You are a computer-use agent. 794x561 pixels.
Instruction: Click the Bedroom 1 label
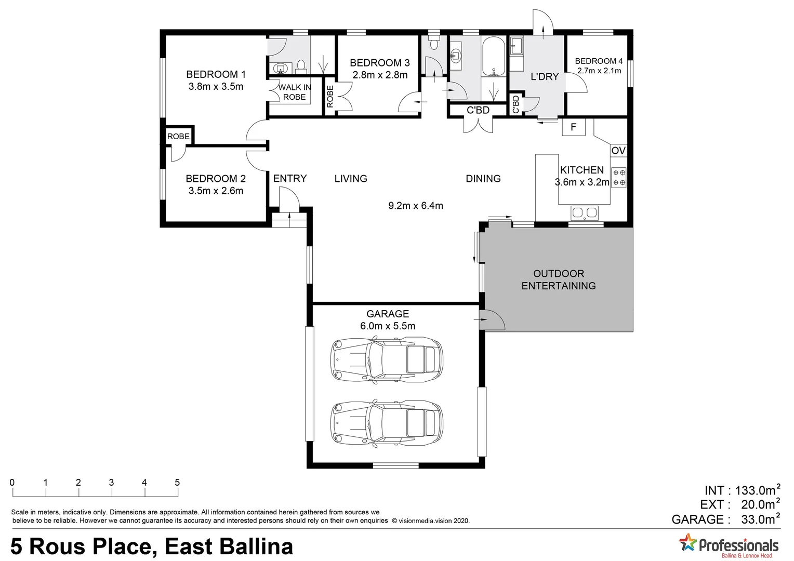tap(216, 74)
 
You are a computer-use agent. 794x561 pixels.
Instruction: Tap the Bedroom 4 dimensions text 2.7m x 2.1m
tap(599, 71)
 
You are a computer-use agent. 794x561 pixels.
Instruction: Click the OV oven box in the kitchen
tap(618, 151)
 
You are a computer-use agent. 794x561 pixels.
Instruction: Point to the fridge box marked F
tap(574, 127)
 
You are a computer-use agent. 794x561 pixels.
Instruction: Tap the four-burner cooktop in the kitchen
tap(619, 177)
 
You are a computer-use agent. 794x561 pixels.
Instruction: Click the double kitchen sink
tap(585, 212)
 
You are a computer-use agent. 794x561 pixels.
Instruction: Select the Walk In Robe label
tap(295, 92)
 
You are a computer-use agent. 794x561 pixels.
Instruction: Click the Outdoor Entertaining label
tap(559, 279)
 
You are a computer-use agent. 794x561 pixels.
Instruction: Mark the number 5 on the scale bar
tap(177, 483)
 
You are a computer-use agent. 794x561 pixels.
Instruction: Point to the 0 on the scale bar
tap(12, 483)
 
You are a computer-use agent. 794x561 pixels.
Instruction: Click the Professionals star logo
tap(688, 543)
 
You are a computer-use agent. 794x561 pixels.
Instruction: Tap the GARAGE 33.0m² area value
tap(760, 519)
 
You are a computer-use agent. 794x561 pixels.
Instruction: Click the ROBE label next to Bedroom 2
tap(178, 136)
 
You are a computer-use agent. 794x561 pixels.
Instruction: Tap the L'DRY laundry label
tap(545, 76)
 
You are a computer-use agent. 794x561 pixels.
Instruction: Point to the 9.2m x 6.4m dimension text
tap(416, 206)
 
